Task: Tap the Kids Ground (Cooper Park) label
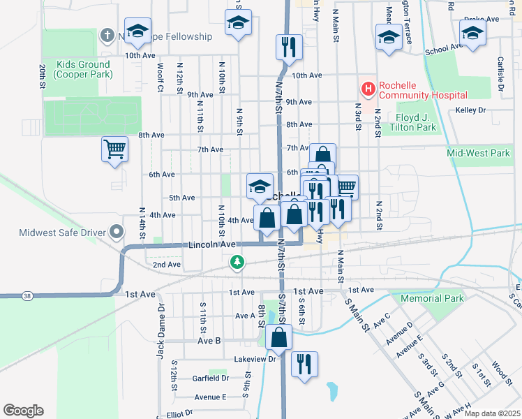(x=83, y=69)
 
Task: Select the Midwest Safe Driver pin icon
(x=117, y=232)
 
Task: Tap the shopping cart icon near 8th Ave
(x=114, y=149)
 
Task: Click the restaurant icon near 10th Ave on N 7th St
(x=288, y=47)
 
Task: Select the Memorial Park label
(x=432, y=298)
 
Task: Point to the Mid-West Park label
(x=479, y=152)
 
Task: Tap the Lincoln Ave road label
(x=212, y=245)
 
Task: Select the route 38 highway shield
(x=27, y=296)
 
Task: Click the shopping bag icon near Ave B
(x=278, y=337)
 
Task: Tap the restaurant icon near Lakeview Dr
(x=304, y=364)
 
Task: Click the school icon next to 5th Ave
(x=260, y=186)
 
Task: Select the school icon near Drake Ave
(x=472, y=32)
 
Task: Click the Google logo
(x=23, y=411)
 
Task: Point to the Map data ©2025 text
(x=491, y=413)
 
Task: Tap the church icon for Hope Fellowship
(x=107, y=34)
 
